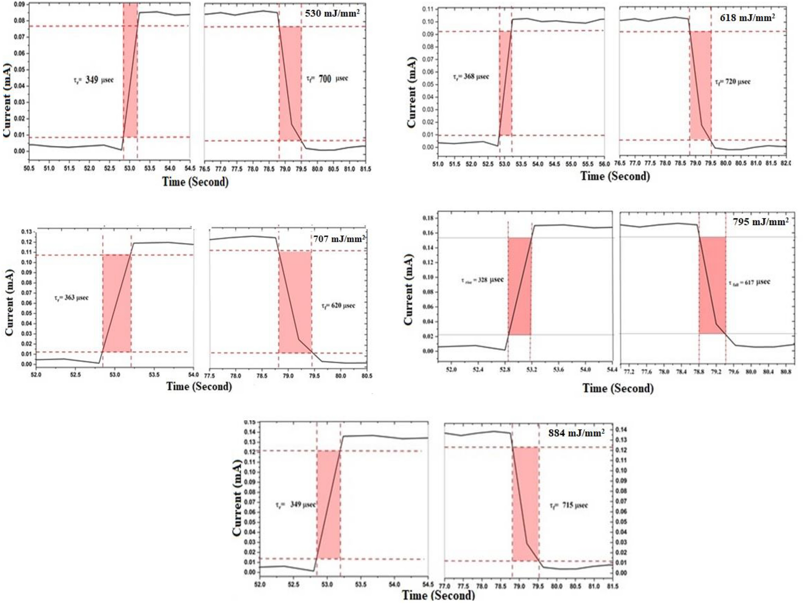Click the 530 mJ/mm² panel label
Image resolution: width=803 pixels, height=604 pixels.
pyautogui.click(x=332, y=13)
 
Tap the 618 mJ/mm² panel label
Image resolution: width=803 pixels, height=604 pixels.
pyautogui.click(x=747, y=18)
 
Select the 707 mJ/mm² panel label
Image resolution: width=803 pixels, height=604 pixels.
pyautogui.click(x=339, y=239)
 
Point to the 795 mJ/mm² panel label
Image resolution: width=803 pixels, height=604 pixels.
pyautogui.click(x=761, y=221)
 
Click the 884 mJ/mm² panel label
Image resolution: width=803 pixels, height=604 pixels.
pyautogui.click(x=576, y=433)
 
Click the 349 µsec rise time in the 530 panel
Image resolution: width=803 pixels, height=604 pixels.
pyautogui.click(x=94, y=80)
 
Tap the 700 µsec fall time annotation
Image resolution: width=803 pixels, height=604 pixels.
pyautogui.click(x=327, y=79)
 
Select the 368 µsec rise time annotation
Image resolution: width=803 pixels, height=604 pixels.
pyautogui.click(x=471, y=77)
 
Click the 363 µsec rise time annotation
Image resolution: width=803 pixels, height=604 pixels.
pyautogui.click(x=71, y=298)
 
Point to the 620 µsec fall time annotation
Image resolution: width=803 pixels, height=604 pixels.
pyautogui.click(x=338, y=306)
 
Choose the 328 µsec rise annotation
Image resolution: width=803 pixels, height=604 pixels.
pyautogui.click(x=482, y=280)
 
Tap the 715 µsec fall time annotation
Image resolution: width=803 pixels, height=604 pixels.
pyautogui.click(x=569, y=505)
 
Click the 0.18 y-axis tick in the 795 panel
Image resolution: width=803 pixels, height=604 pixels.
pyautogui.click(x=428, y=218)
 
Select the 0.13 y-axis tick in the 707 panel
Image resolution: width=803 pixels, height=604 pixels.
pyautogui.click(x=26, y=232)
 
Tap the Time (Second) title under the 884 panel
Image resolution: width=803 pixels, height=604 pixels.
pyautogui.click(x=438, y=595)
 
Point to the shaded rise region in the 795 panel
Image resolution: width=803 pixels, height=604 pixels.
pyautogui.click(x=519, y=286)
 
